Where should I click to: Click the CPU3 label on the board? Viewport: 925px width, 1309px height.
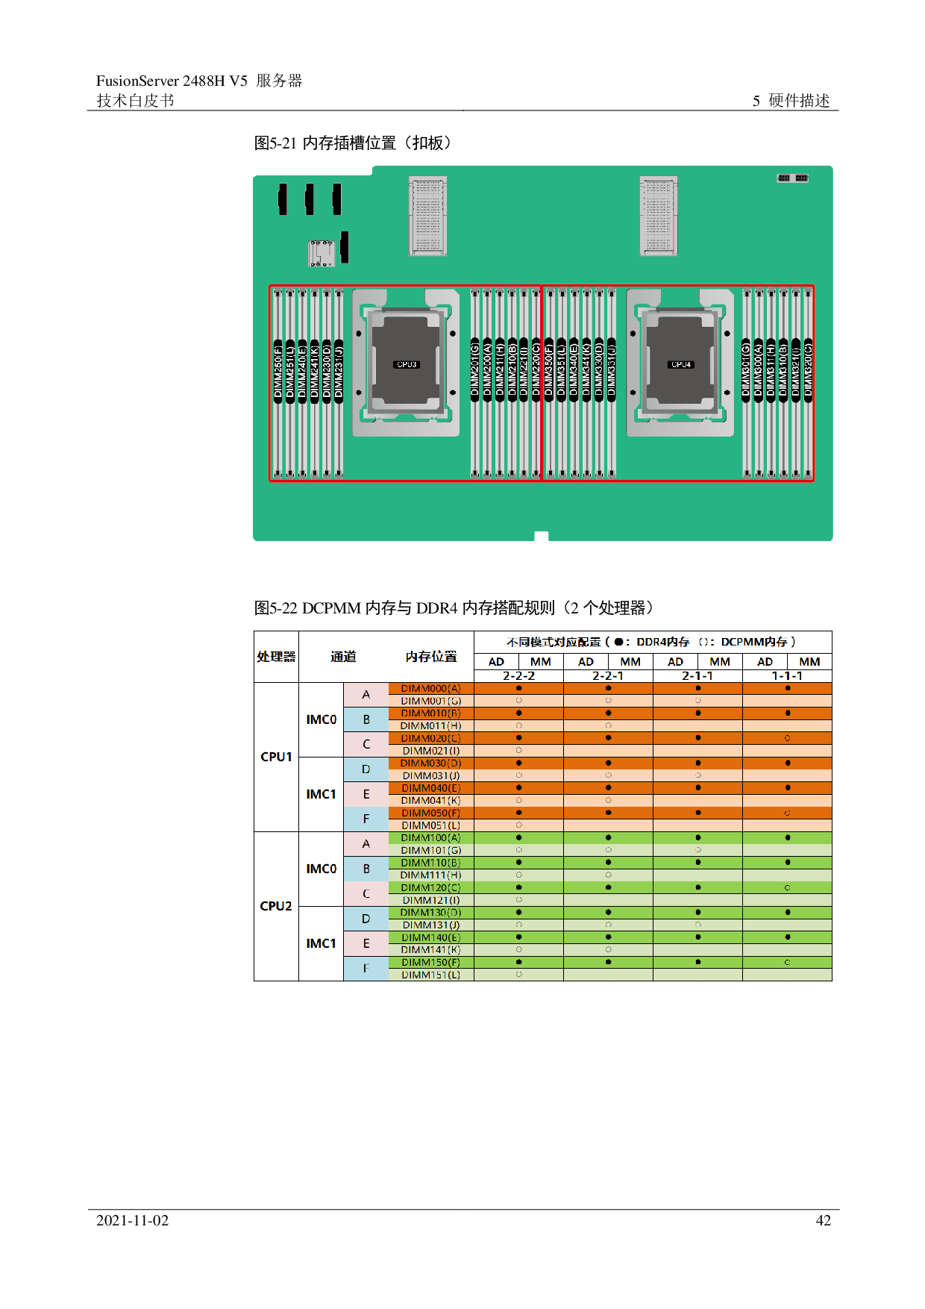[x=407, y=365]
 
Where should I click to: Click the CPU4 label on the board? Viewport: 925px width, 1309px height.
[x=681, y=365]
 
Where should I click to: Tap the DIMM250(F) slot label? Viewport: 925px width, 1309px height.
[x=278, y=372]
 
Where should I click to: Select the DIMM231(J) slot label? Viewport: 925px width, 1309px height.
[x=339, y=372]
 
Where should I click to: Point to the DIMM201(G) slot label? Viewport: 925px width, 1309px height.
[x=475, y=368]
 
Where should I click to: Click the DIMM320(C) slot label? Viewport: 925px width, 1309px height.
[x=808, y=368]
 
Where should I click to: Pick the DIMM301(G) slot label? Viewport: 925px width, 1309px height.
[x=746, y=368]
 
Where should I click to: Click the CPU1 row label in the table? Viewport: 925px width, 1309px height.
[x=276, y=757]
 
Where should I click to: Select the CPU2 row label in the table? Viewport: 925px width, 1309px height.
[x=276, y=906]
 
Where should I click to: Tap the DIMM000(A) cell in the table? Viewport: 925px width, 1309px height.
[x=430, y=689]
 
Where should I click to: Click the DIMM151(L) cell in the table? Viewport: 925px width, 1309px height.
[x=430, y=975]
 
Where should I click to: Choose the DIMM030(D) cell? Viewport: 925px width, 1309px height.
[x=430, y=763]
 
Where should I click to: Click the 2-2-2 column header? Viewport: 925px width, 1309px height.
[x=518, y=676]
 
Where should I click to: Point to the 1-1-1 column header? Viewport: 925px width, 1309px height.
[x=787, y=676]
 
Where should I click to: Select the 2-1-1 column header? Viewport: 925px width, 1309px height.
[x=697, y=676]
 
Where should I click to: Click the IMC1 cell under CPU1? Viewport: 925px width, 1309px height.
[x=321, y=794]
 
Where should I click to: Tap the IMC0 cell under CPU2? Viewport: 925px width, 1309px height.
[x=321, y=869]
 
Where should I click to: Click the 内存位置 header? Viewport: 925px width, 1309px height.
[x=430, y=657]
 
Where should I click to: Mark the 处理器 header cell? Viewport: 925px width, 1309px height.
[x=276, y=657]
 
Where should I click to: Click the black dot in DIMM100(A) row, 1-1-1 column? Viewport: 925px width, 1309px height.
[x=788, y=837]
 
